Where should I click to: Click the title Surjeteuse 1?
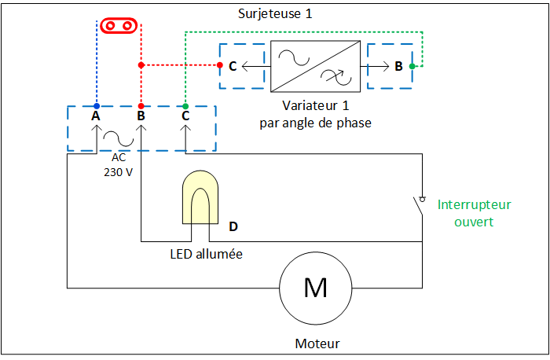coord(275,14)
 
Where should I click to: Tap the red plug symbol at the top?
coord(119,26)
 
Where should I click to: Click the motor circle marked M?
coord(316,288)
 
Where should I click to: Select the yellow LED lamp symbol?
coord(200,197)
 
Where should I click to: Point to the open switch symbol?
coord(419,206)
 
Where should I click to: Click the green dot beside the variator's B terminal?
coord(412,66)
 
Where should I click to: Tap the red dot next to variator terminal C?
coord(220,65)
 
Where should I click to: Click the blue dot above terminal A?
coord(97,106)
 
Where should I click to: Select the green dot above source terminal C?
coord(185,106)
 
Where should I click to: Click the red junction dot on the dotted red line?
coord(141,65)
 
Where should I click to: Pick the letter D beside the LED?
coord(233,226)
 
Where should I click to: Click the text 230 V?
coord(118,172)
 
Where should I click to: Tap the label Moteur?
coord(317,343)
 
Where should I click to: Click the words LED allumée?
coord(206,254)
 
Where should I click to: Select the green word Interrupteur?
coord(475,204)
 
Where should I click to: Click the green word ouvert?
coord(474,222)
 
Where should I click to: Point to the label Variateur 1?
coord(316,105)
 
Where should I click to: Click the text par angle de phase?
coord(315,123)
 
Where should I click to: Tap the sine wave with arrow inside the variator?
coord(337,77)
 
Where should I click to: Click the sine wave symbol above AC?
coord(118,138)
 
